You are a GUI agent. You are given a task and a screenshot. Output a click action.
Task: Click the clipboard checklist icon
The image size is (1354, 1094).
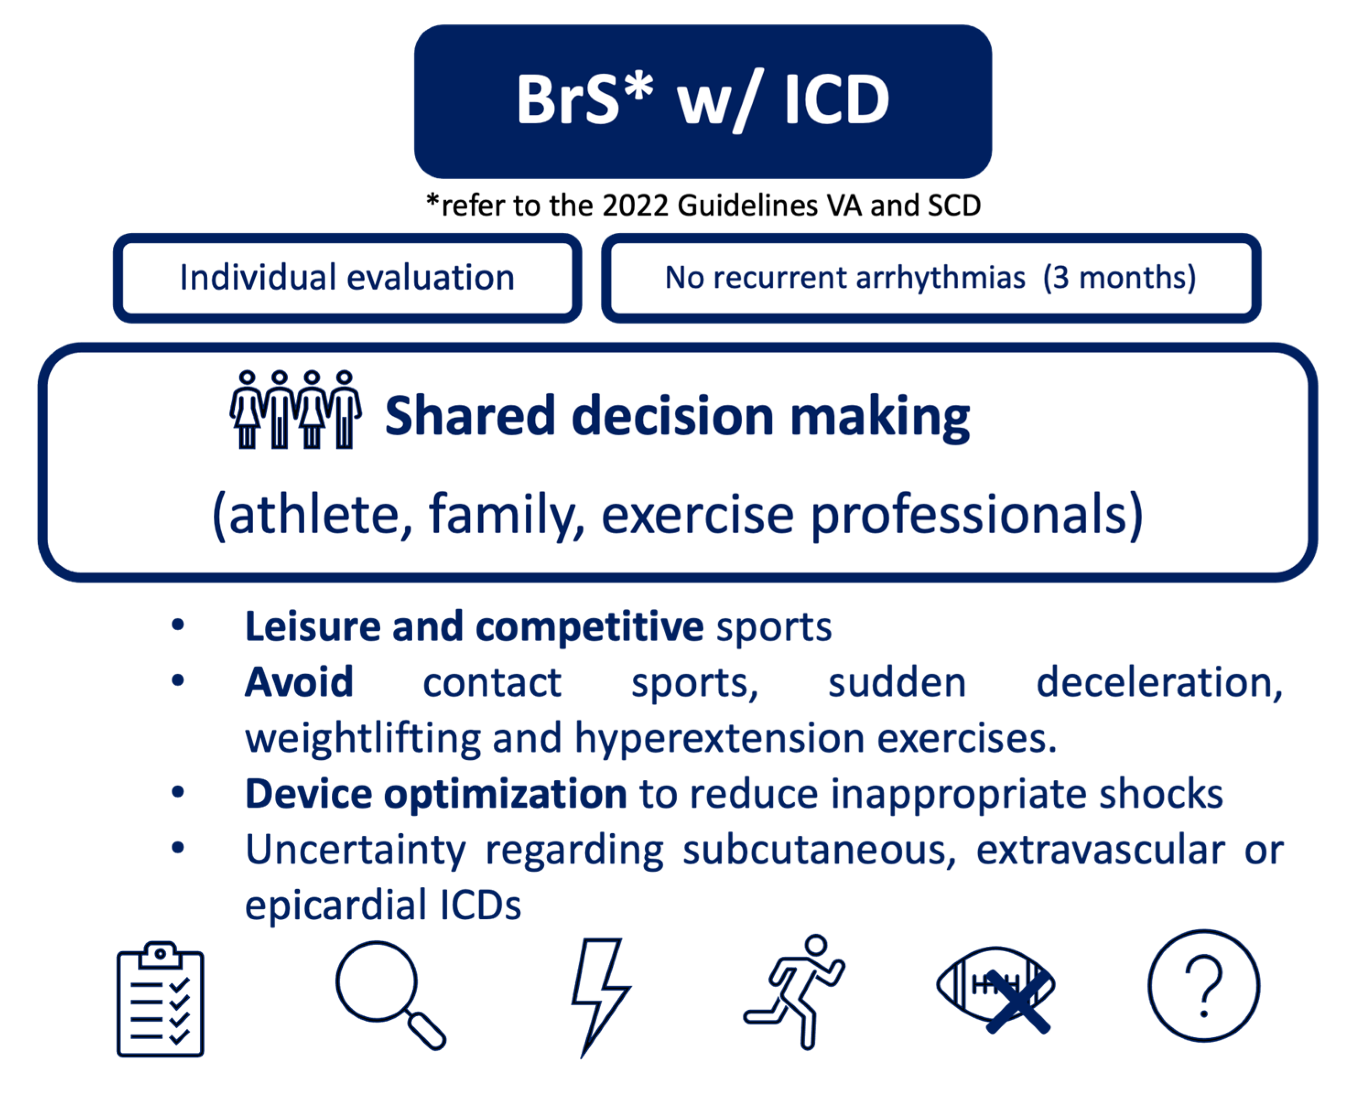point(160,999)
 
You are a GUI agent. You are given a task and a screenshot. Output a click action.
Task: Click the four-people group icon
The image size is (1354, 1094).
point(296,410)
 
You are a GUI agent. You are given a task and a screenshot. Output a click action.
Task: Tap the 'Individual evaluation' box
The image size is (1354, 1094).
point(347,278)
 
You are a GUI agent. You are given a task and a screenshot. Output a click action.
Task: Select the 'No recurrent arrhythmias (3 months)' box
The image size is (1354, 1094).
point(931,278)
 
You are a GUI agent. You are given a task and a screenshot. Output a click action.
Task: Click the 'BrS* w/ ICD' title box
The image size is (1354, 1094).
point(703,102)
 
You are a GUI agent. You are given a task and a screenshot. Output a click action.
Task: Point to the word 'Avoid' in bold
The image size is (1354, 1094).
point(299,682)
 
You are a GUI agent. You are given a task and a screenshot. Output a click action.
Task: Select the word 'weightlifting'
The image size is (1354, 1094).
point(362,739)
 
